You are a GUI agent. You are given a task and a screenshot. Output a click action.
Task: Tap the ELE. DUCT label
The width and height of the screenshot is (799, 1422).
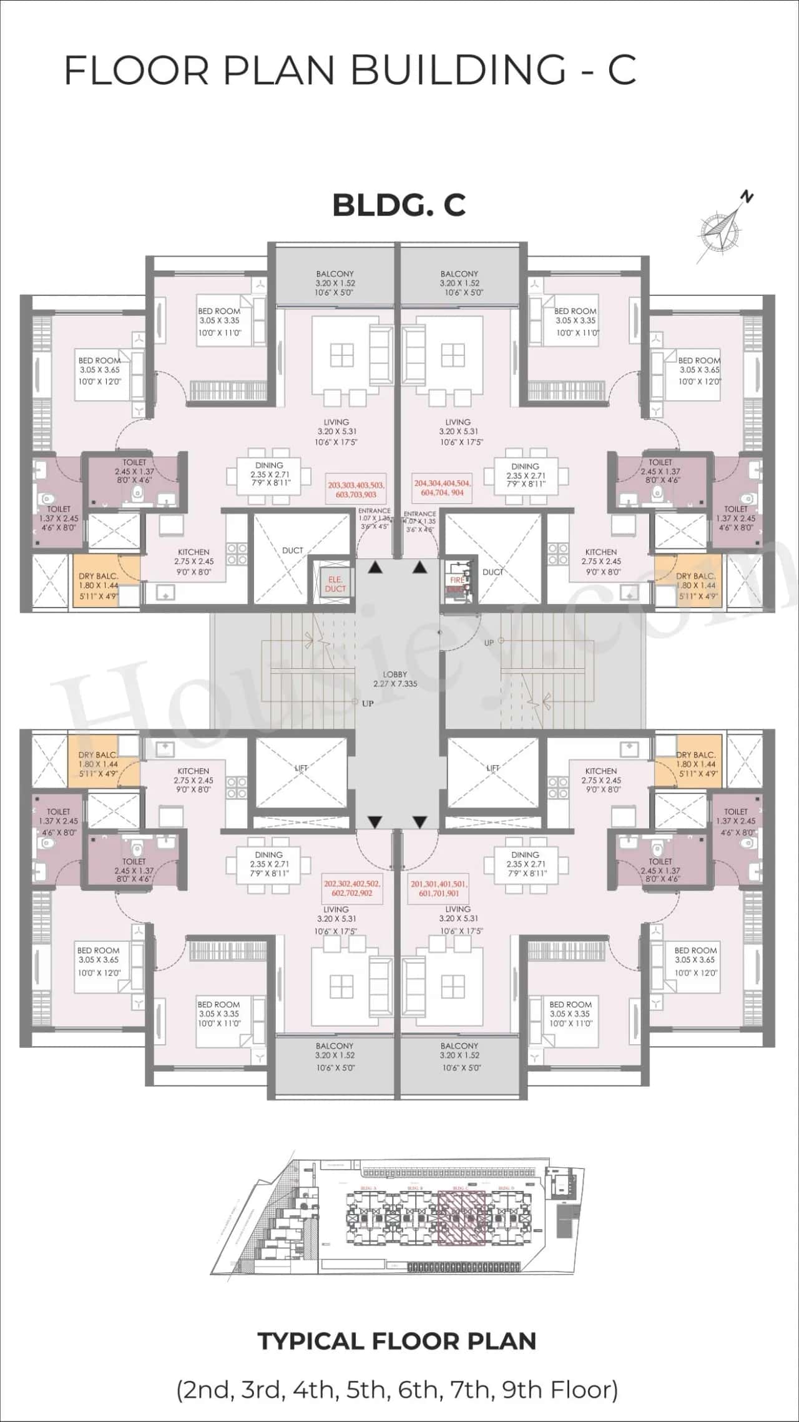(x=335, y=584)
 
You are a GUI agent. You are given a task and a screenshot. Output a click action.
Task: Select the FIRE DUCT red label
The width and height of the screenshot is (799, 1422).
(x=457, y=585)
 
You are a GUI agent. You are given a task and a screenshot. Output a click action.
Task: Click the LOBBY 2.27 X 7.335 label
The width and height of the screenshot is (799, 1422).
(x=395, y=679)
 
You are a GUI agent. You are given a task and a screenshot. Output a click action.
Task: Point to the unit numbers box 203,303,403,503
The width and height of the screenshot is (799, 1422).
(x=356, y=490)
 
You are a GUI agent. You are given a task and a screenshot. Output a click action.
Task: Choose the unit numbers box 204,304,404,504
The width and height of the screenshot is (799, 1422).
(x=442, y=488)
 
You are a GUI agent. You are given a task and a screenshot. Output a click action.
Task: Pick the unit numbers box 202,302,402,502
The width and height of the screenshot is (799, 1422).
(x=352, y=888)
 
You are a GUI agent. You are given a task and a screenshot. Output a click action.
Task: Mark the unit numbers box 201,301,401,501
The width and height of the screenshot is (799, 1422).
(x=439, y=888)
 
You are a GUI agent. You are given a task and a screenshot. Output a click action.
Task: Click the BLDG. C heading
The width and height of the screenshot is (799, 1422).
(x=399, y=205)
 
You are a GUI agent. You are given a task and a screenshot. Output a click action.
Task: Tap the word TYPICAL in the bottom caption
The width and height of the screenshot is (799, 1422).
(x=310, y=1341)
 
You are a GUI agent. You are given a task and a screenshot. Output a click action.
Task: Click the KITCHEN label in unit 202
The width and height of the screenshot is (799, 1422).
(x=194, y=771)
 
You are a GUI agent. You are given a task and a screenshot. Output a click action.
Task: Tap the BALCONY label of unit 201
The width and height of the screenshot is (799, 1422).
(x=459, y=1045)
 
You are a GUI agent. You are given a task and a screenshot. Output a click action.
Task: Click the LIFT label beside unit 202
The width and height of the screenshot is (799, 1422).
(x=301, y=768)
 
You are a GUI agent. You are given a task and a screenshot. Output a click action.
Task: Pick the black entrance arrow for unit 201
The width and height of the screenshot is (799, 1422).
(x=419, y=822)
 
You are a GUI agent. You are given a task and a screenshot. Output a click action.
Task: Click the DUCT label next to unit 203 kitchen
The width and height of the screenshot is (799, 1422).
(x=292, y=550)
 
